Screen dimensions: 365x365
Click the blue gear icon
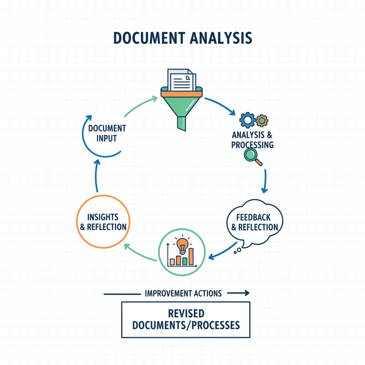(247, 120)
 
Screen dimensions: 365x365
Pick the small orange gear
(262, 120)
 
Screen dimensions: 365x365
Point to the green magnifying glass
(251, 155)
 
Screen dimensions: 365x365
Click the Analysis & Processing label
(252, 140)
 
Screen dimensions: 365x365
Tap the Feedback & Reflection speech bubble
(255, 222)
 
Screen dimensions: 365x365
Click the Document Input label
(107, 133)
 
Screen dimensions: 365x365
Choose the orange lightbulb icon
(182, 245)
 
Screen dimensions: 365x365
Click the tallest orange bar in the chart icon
(191, 256)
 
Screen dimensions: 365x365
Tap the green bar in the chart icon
(185, 261)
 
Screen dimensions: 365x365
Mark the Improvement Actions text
(183, 293)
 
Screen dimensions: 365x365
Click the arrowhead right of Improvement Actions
(246, 293)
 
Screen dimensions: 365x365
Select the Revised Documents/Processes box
(185, 320)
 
